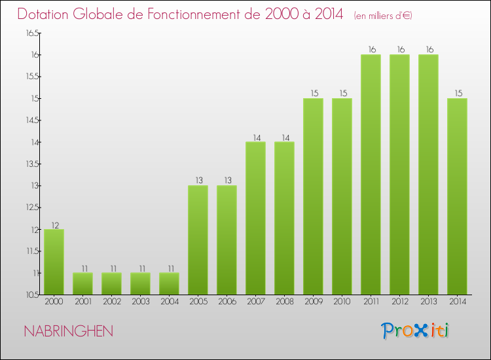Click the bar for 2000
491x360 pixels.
tap(54, 262)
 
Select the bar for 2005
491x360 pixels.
tap(198, 240)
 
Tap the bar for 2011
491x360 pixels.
tap(371, 174)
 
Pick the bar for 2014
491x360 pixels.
tap(457, 196)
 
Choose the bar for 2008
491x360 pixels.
tap(284, 218)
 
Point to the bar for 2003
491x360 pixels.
tap(140, 283)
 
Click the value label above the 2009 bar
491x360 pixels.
tap(313, 93)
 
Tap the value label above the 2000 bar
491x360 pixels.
tap(54, 225)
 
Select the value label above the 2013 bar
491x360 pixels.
tap(428, 49)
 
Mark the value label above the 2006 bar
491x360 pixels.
tap(227, 181)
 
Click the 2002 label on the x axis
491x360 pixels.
tap(111, 302)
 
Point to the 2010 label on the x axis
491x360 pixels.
tap(342, 302)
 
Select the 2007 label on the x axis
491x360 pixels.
tap(255, 302)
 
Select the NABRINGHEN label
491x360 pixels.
tap(68, 331)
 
